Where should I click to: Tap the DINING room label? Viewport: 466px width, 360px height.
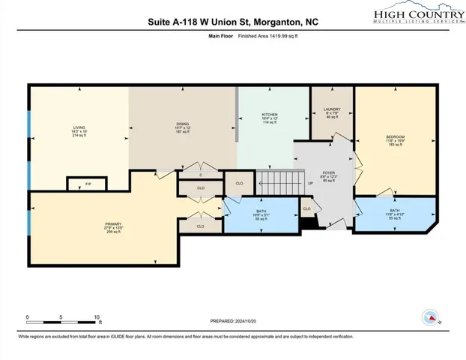pos(183,123)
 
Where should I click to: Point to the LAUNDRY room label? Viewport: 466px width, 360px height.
pos(332,110)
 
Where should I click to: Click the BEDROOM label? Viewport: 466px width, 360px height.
pos(396,137)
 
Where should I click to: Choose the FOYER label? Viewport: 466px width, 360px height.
pos(328,172)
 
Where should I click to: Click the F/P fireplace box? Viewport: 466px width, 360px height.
pos(88,184)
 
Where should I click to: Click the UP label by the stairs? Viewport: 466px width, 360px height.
pos(311,182)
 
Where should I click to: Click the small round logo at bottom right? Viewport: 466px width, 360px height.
pos(431,318)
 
